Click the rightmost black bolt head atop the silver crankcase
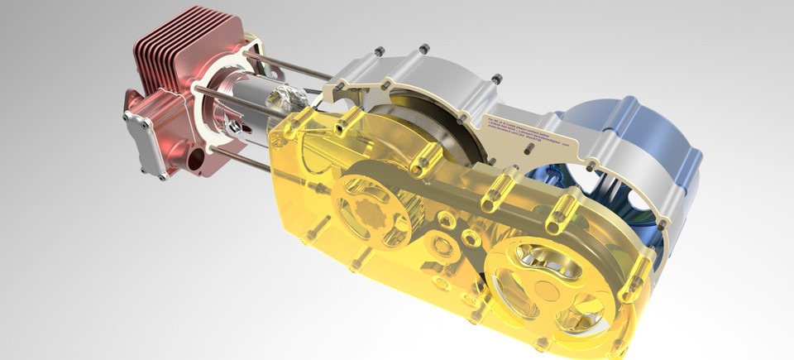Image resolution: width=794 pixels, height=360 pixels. point(497,79)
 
